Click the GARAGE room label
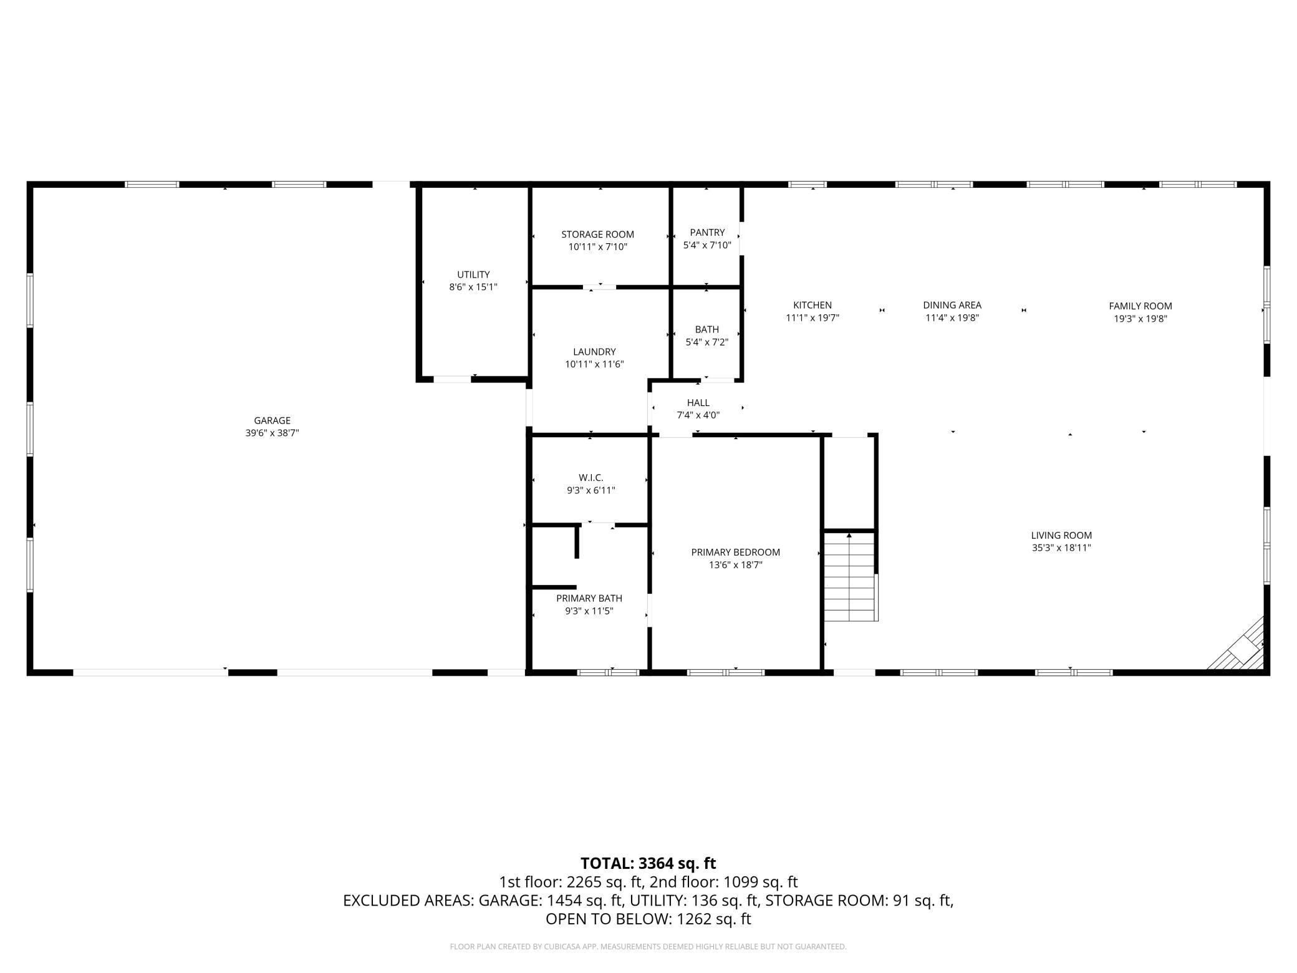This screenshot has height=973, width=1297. [272, 420]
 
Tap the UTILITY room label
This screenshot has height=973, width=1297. [473, 274]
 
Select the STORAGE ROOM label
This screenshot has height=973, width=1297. [597, 235]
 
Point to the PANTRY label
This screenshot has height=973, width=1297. [707, 233]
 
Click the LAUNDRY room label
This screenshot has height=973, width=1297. [594, 352]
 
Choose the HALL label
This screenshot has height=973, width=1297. [698, 403]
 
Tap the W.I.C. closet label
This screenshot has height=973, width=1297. [591, 478]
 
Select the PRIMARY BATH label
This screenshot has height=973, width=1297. [589, 598]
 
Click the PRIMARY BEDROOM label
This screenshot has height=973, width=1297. [736, 552]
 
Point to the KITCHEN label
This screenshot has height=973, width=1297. [812, 305]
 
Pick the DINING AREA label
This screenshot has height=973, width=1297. [952, 305]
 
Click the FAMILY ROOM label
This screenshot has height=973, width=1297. [1140, 306]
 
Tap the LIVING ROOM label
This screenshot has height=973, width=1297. [1061, 535]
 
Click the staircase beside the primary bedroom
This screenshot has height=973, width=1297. [851, 576]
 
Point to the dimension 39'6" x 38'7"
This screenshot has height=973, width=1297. [272, 433]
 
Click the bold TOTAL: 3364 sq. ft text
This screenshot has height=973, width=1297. [648, 863]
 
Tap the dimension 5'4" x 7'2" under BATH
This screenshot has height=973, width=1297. [707, 342]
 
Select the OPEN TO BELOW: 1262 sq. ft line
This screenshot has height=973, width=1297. [648, 919]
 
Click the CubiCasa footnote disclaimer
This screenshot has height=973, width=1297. [648, 947]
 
